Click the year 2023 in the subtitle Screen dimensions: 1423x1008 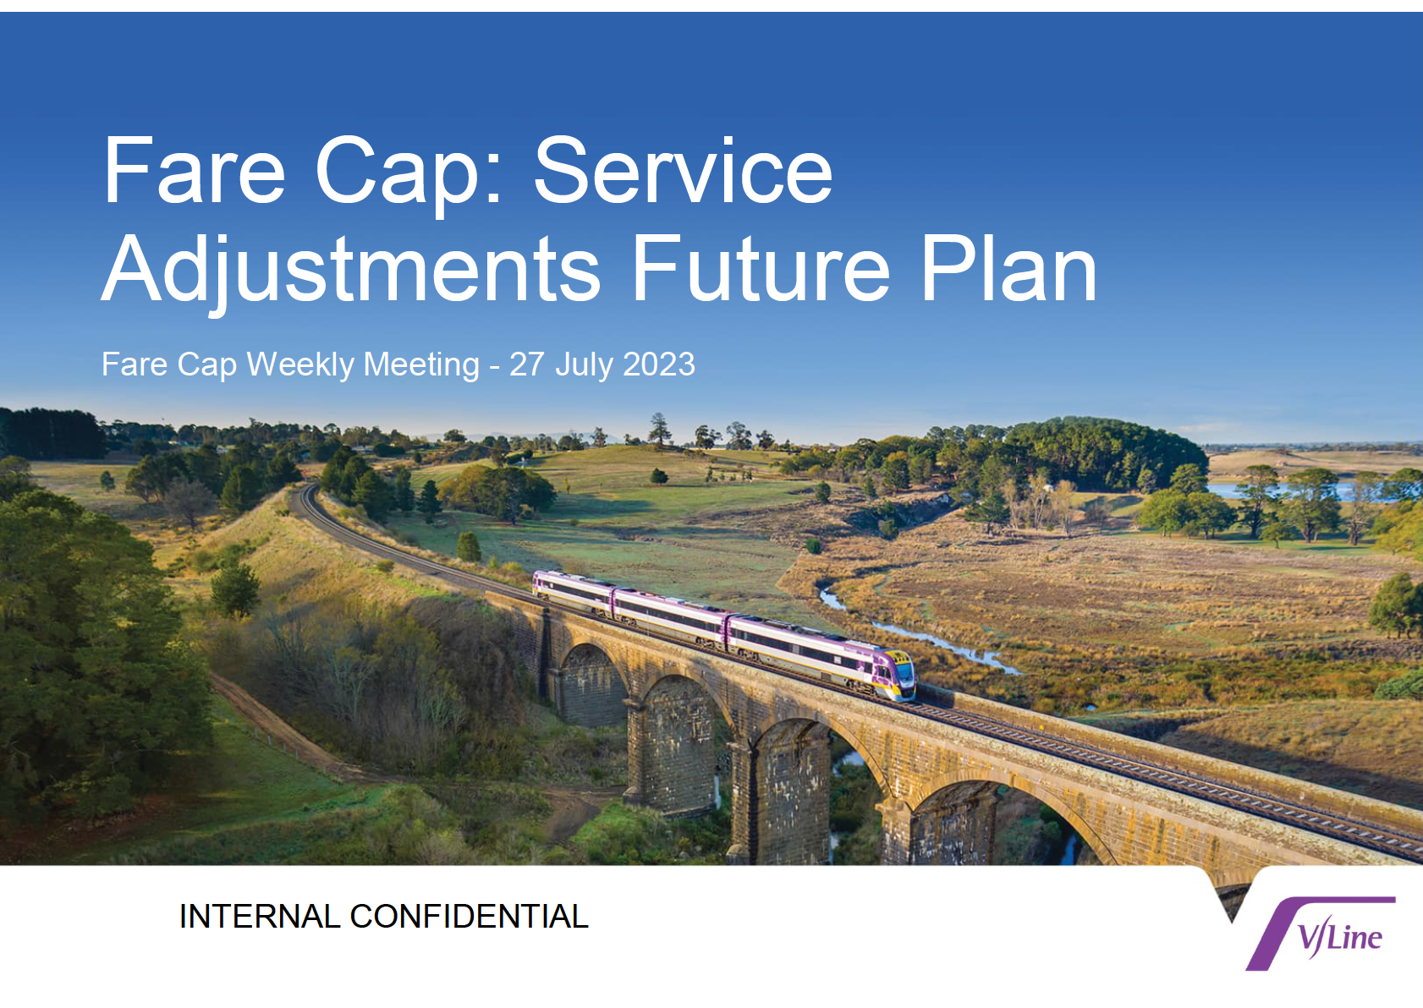(x=659, y=364)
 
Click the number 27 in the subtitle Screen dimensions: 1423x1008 (x=526, y=364)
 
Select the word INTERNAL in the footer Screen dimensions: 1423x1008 (x=260, y=916)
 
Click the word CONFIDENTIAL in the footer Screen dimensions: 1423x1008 (x=469, y=916)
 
